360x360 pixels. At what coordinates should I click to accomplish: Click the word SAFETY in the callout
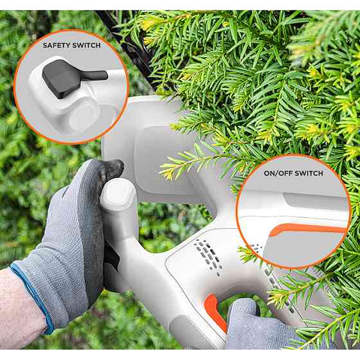click(x=56, y=45)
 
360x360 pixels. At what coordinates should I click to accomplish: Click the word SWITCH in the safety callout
click(x=86, y=45)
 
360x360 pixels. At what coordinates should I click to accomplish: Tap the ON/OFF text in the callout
click(x=278, y=173)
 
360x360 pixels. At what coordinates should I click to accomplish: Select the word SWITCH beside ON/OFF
click(x=309, y=173)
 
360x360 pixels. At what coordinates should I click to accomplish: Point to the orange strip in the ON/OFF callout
click(x=308, y=230)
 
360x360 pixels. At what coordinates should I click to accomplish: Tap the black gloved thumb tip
click(x=113, y=168)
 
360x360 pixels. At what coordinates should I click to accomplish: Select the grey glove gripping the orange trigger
click(x=257, y=326)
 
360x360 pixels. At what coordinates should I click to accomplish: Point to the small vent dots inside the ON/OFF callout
click(x=256, y=248)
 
